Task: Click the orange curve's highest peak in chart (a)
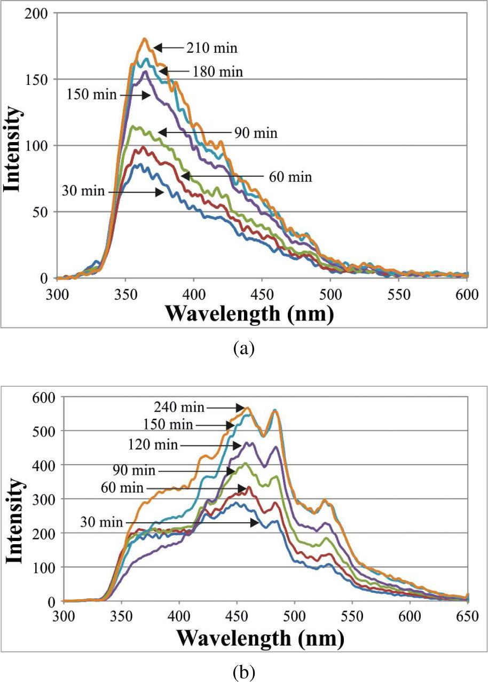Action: click(145, 38)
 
